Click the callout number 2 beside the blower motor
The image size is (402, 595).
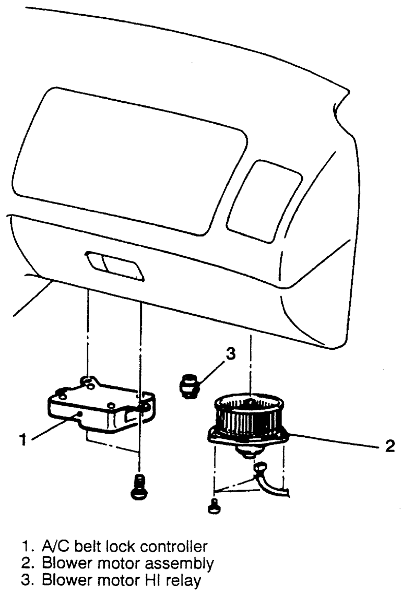[389, 446]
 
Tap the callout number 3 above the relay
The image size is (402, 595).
[230, 353]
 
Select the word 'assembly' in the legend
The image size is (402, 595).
[181, 563]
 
